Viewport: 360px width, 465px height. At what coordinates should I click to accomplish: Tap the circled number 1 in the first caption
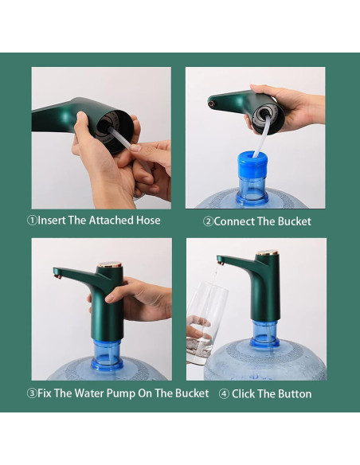33,221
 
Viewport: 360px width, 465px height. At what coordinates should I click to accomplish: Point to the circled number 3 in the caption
33,393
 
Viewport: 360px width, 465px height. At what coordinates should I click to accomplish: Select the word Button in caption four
292,393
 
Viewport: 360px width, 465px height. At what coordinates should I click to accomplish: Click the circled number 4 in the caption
224,393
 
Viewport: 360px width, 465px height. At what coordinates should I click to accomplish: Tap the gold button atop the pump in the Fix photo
108,264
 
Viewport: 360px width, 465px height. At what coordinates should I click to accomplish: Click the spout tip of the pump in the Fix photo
57,273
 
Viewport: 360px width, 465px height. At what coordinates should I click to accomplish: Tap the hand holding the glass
196,326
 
